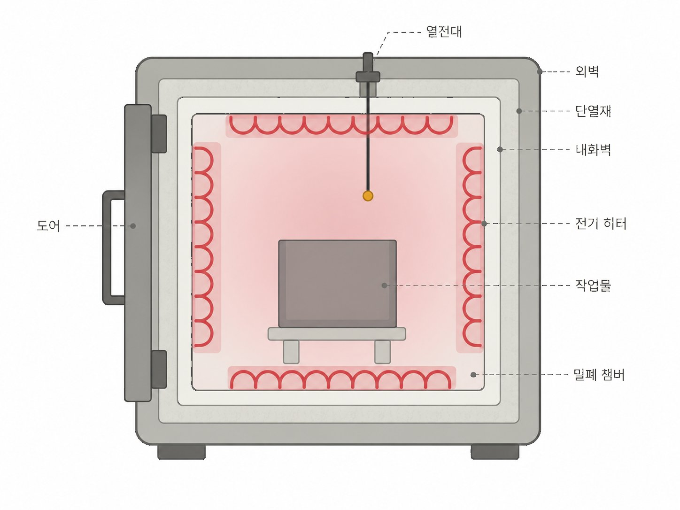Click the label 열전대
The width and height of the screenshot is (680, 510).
[444, 31]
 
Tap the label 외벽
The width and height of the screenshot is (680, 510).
[587, 71]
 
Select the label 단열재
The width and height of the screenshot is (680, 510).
[593, 111]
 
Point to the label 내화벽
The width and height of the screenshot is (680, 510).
[593, 149]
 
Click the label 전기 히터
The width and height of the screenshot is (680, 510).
[601, 224]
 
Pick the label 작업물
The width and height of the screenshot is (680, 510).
[593, 285]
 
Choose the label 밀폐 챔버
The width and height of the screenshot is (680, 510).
[599, 375]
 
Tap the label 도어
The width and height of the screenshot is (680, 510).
[48, 225]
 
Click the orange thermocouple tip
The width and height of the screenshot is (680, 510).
[368, 196]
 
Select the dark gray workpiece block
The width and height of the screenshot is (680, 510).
[337, 284]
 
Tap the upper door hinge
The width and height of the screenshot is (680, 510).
[159, 134]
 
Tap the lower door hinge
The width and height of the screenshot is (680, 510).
[159, 369]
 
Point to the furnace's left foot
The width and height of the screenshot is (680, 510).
[182, 452]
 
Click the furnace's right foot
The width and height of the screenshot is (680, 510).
[495, 452]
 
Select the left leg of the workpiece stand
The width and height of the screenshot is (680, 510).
[291, 352]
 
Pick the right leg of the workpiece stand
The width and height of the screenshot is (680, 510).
[382, 352]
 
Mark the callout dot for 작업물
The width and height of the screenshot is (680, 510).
[384, 286]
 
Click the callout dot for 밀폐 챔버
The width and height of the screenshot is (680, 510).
[473, 375]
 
